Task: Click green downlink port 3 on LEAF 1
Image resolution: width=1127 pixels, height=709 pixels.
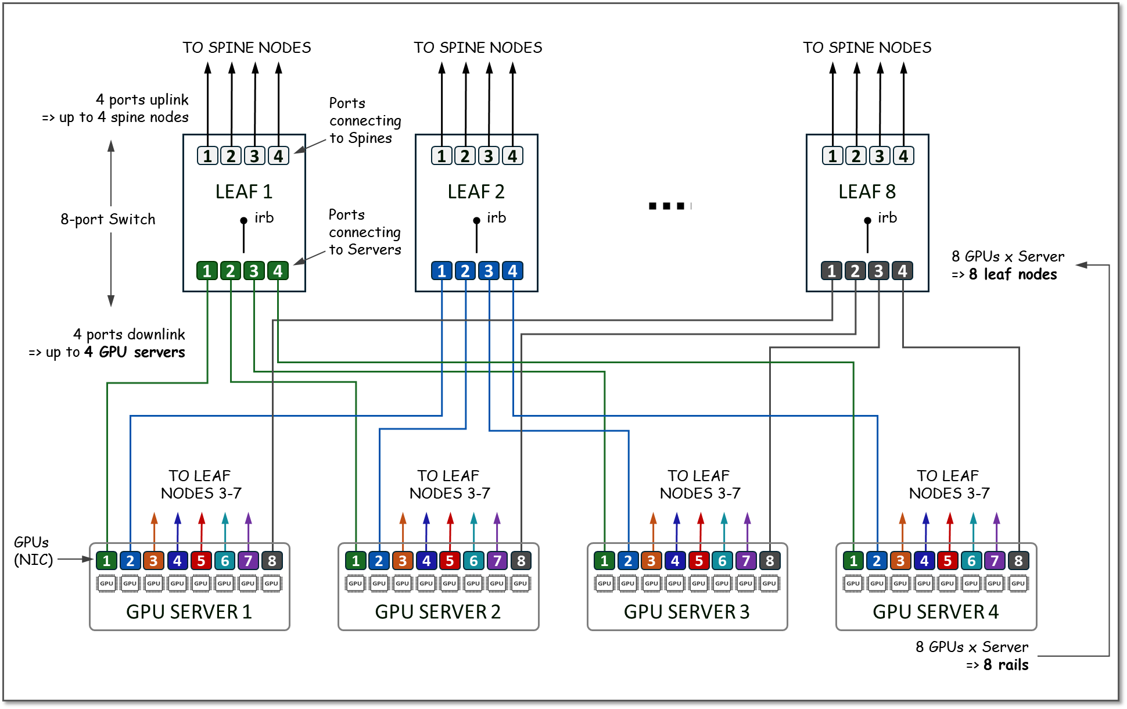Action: click(x=254, y=271)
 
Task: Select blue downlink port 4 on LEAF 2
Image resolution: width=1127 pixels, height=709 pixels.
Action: click(x=512, y=271)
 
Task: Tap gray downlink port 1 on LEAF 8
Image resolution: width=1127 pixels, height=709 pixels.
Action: click(x=831, y=271)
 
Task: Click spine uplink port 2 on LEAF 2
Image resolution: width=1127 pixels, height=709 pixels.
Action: click(x=465, y=156)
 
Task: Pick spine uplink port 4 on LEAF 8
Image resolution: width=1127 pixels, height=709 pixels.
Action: click(x=903, y=156)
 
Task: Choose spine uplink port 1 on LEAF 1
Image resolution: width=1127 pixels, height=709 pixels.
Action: click(x=207, y=156)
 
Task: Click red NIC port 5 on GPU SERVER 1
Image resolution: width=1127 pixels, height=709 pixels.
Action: click(x=201, y=561)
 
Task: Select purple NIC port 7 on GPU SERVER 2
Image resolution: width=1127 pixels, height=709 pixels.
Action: click(x=497, y=561)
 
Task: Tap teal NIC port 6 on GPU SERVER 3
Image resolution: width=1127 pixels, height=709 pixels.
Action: click(x=722, y=561)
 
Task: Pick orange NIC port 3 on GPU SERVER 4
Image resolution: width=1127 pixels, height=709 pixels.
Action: click(x=900, y=561)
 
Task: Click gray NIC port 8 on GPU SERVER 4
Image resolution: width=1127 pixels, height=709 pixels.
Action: click(x=1018, y=561)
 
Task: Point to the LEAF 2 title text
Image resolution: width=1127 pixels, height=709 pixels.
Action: click(x=476, y=192)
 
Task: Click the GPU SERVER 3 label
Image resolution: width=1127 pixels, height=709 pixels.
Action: click(x=687, y=612)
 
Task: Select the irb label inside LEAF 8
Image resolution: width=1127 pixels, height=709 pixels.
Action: click(x=887, y=218)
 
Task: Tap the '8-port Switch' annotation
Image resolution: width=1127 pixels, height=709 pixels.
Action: click(x=108, y=220)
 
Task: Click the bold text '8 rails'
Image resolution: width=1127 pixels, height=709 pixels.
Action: click(x=1006, y=665)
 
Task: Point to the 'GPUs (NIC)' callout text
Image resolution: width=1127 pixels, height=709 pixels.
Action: click(x=33, y=551)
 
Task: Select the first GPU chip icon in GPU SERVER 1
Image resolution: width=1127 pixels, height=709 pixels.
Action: click(x=106, y=583)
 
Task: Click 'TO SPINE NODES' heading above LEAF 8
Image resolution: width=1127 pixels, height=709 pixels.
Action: click(x=867, y=48)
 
